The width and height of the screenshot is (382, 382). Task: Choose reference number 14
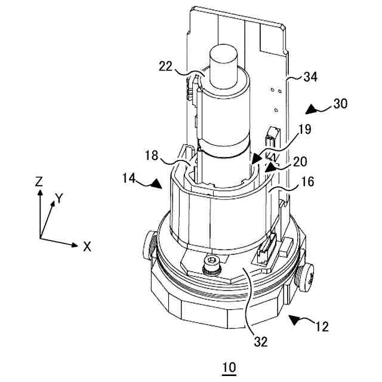coord(130,177)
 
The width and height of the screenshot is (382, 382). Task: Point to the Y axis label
coord(58,198)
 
